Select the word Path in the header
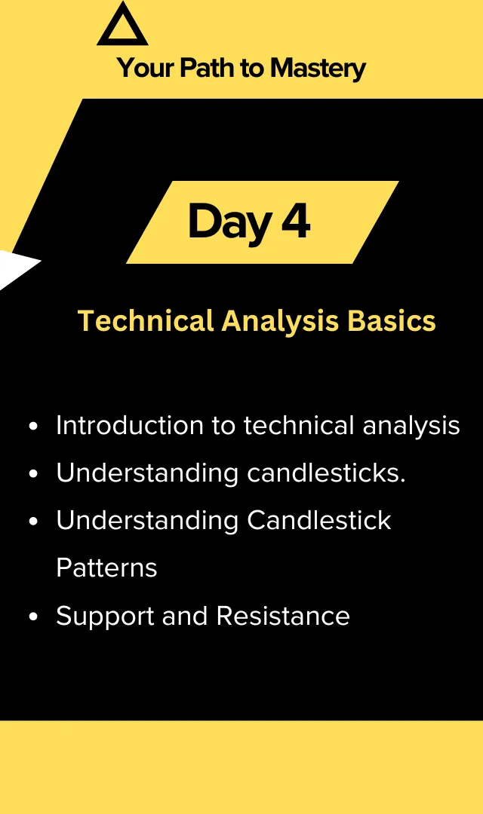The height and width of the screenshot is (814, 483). [207, 68]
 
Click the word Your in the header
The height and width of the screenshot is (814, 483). [146, 68]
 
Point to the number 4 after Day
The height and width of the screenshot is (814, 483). [296, 221]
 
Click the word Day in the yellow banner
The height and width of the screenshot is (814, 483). [229, 222]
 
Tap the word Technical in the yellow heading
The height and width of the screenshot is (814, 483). [146, 320]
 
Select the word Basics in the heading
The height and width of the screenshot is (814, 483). [392, 320]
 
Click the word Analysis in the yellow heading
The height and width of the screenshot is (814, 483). [281, 322]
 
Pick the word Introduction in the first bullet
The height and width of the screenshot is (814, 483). [130, 425]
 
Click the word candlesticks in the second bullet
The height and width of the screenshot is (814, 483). [326, 473]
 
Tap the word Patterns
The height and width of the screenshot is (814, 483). [106, 568]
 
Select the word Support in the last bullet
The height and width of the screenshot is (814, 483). [105, 617]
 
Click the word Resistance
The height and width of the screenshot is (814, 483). [283, 616]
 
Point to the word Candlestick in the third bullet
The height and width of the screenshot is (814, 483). [319, 520]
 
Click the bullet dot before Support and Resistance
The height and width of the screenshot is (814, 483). [34, 617]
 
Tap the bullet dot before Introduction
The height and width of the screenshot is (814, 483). [34, 426]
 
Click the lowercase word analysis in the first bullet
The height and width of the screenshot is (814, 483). [411, 427]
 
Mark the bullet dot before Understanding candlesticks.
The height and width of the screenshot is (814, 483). [34, 473]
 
